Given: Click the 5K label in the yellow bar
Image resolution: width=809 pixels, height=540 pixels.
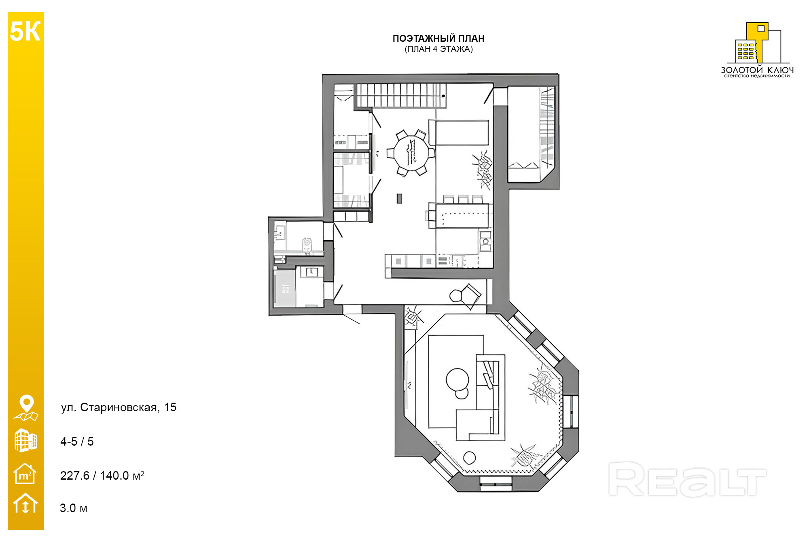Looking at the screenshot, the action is coord(25,32).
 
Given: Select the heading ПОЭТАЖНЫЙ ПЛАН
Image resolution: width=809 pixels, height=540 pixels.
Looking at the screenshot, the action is coord(438,38).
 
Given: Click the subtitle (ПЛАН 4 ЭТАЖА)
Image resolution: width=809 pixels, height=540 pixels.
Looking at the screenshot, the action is coord(438,49).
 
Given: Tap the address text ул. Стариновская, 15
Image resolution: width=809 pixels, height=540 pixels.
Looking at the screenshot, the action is coord(119,407).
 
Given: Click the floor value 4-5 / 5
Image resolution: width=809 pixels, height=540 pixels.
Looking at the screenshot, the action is coord(77,441).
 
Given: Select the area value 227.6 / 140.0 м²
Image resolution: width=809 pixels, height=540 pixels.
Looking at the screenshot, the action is coord(102,475).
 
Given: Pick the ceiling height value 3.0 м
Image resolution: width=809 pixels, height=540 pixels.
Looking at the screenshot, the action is coord(74,508).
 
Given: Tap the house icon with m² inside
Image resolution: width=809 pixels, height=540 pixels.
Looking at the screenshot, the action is coord(25,474).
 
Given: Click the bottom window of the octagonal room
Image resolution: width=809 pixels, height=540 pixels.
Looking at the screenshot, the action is coord(496,484).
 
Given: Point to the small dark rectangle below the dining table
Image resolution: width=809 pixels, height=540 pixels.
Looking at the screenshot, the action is coord(399,198).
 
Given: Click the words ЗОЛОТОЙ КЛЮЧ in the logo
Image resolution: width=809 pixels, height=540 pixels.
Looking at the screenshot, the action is coord(757,70).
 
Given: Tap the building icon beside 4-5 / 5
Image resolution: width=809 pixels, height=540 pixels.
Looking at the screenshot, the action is coord(25,440).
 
